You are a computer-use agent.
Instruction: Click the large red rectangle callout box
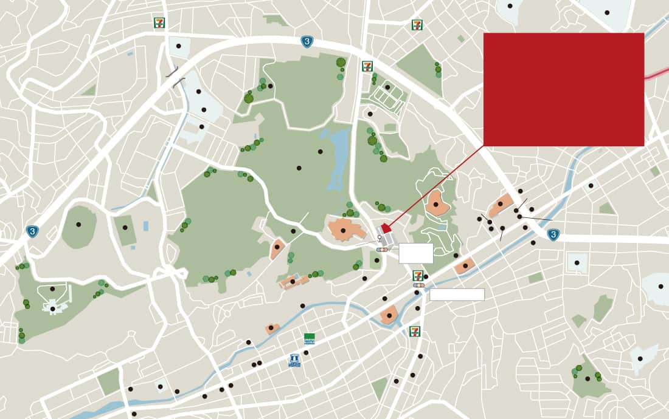click(564, 89)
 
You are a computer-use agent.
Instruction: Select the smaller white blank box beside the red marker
click(416, 253)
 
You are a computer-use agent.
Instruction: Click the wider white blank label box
click(457, 295)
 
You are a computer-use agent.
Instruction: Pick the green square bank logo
click(310, 338)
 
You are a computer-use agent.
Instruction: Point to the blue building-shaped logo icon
click(295, 361)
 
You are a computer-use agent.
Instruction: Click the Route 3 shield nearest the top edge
click(308, 42)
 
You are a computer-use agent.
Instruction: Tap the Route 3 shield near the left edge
click(32, 231)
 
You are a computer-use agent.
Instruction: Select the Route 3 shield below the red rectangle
click(553, 234)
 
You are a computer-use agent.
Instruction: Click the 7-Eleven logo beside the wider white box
click(418, 275)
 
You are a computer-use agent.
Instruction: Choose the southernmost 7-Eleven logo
click(415, 331)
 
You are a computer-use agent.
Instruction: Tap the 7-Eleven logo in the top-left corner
click(159, 23)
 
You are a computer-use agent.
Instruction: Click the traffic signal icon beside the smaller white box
click(382, 250)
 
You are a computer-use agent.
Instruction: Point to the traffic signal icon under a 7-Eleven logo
click(419, 285)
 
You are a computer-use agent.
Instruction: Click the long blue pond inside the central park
click(338, 158)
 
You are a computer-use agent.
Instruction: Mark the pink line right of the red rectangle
click(657, 73)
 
